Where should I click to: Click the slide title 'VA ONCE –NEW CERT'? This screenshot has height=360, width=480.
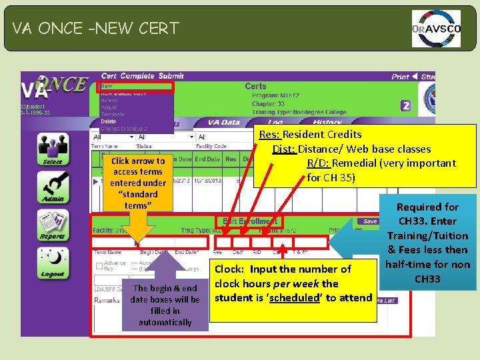coord(95,28)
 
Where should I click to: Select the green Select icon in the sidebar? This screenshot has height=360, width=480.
coord(52,147)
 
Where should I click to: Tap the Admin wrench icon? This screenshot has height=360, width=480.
coord(52,187)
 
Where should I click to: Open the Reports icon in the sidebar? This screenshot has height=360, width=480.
coord(52,225)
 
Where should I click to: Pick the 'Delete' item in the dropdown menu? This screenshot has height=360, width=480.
coord(109,121)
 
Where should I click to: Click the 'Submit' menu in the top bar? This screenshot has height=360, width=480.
coord(171,77)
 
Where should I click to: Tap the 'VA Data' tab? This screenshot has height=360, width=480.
coord(223,123)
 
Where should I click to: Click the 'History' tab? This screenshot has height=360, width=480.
coord(327,123)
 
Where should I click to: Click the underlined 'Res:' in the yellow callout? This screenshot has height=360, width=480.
coord(269,135)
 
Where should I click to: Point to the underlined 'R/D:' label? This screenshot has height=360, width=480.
coord(317,163)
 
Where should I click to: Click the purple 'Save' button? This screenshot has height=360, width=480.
coord(370,221)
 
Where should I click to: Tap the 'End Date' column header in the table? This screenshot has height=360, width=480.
coord(207,159)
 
